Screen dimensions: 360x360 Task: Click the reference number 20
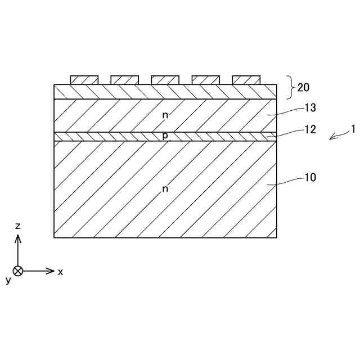(303, 87)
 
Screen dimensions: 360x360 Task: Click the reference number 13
(310, 107)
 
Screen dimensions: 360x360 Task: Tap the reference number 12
(310, 129)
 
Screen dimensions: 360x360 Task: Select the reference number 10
(310, 177)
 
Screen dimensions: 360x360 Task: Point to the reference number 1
(353, 129)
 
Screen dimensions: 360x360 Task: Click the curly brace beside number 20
(291, 87)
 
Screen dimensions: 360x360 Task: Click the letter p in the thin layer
(165, 136)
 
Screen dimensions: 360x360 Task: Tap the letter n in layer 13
(165, 115)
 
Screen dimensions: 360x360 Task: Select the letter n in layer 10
(165, 189)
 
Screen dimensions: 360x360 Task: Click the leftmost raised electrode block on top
(84, 80)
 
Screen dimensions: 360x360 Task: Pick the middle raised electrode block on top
(165, 80)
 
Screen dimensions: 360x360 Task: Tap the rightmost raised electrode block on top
(246, 80)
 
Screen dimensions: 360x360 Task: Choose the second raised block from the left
(125, 80)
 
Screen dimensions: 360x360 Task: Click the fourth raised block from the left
(206, 80)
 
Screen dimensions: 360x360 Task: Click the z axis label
(18, 226)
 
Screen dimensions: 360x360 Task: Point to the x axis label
(61, 272)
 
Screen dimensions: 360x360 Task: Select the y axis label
(8, 280)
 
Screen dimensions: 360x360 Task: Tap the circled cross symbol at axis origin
(18, 271)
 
